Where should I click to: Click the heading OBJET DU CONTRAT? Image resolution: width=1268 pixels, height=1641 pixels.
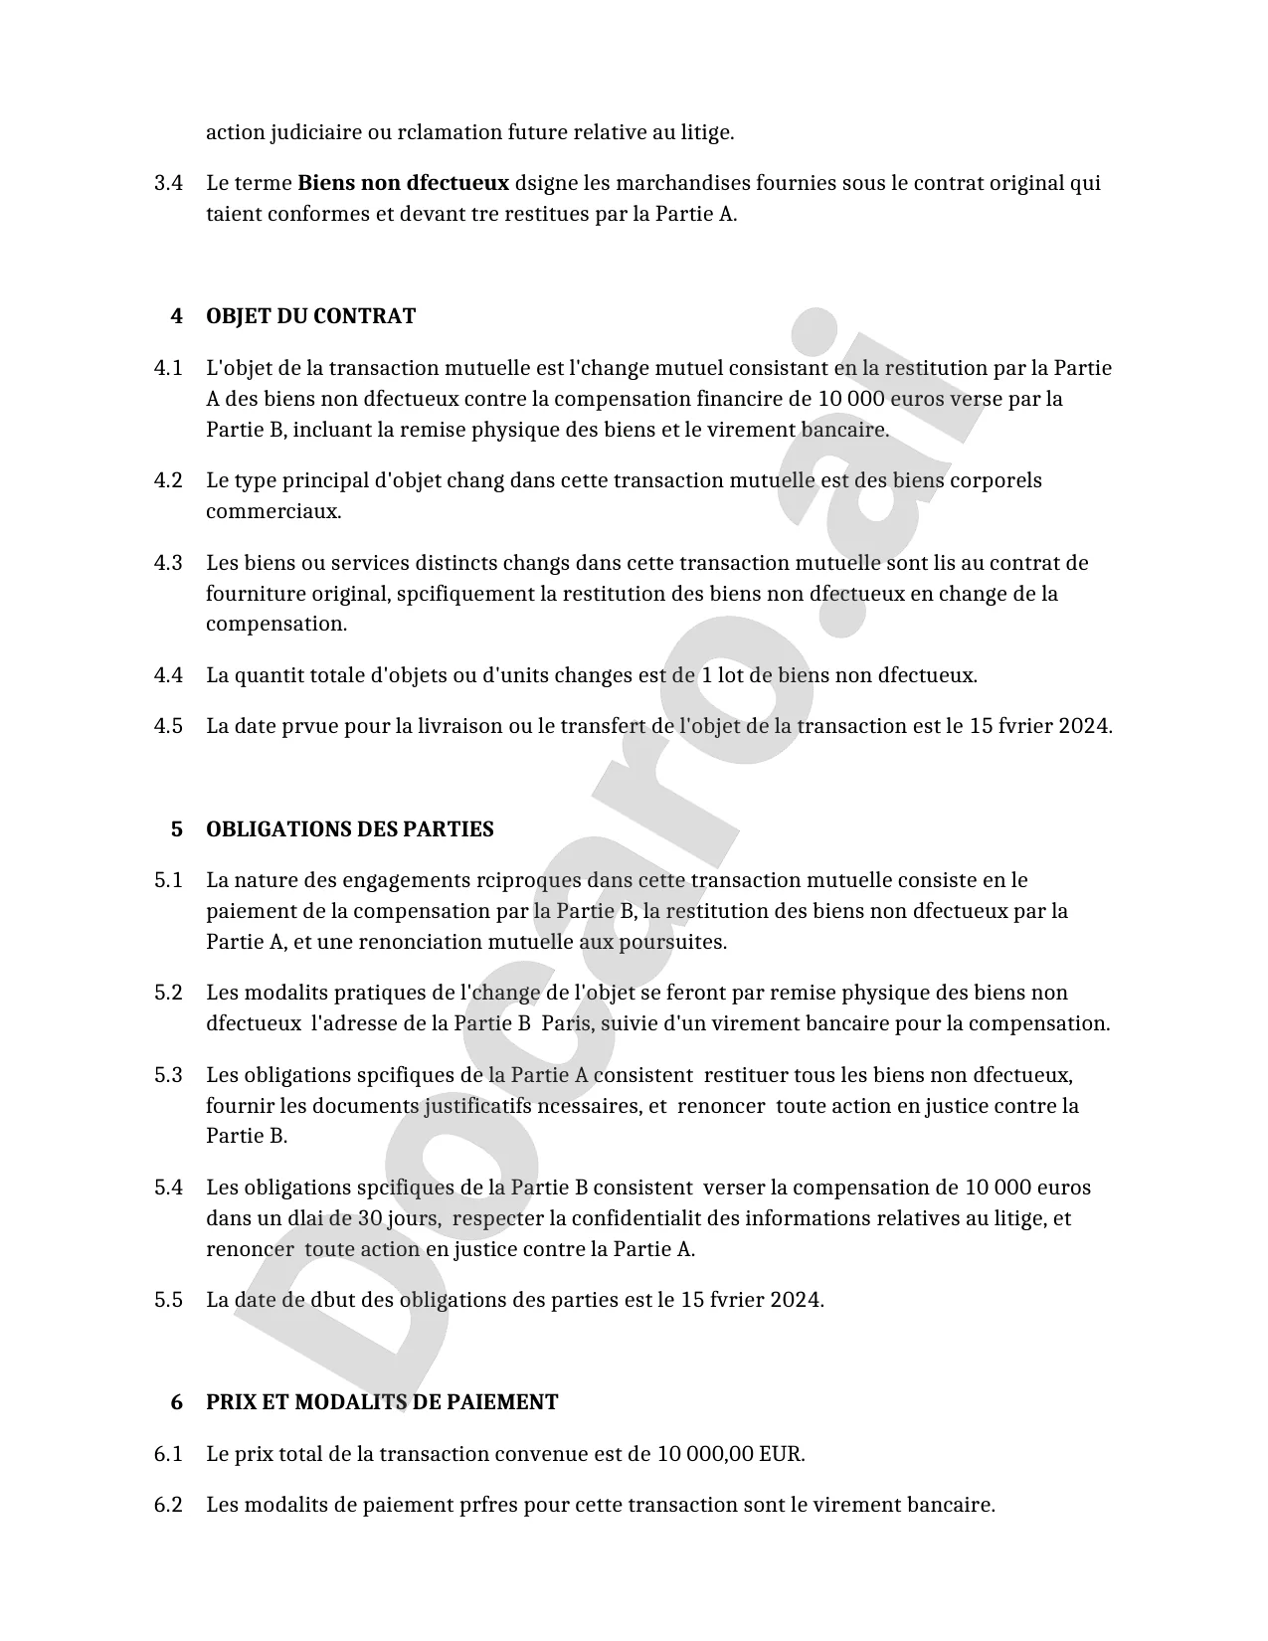click(x=310, y=316)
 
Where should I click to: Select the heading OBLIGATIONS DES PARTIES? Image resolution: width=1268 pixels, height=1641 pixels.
click(x=349, y=829)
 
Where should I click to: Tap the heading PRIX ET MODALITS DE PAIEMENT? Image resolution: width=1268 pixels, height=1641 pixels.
click(x=382, y=1402)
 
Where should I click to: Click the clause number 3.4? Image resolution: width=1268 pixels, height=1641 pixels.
click(x=168, y=183)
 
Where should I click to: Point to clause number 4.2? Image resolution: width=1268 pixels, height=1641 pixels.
click(x=168, y=480)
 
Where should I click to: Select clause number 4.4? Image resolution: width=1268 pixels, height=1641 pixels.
click(x=168, y=675)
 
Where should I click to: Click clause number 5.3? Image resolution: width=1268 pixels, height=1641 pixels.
click(x=168, y=1075)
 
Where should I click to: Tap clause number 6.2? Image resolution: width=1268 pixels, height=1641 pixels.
click(x=168, y=1505)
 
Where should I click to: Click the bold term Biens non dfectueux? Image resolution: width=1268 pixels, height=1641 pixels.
click(x=403, y=183)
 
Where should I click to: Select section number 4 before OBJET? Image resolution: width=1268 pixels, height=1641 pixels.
click(x=177, y=316)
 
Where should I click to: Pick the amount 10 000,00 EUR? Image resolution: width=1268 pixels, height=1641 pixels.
click(x=729, y=1454)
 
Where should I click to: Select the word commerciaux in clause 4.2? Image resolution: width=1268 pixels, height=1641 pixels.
click(x=272, y=511)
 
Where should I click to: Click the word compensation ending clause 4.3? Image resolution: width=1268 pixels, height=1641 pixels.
click(x=275, y=624)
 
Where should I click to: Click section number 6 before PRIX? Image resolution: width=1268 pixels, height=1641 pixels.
click(x=177, y=1402)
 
